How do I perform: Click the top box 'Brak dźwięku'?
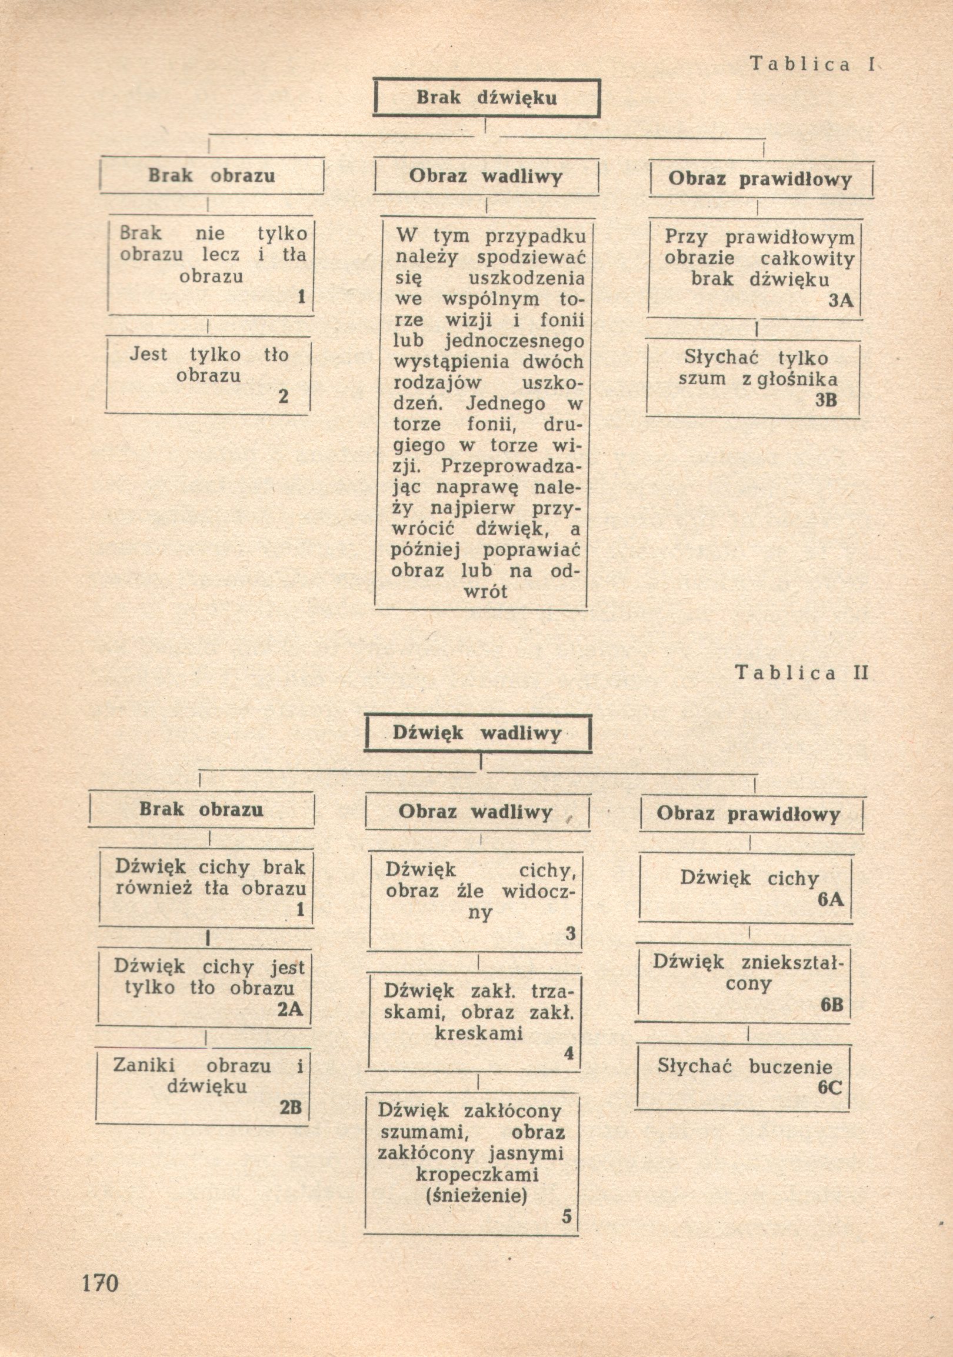coord(487,98)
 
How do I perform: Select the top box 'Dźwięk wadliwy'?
coord(477,733)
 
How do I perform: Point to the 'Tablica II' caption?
coord(801,672)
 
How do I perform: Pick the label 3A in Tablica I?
coord(841,300)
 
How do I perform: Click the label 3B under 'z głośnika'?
coord(826,400)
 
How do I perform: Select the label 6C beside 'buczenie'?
coord(830,1089)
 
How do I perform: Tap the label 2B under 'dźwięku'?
coord(291,1107)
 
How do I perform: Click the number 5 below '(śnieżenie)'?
coord(567,1216)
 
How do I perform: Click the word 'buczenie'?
coord(791,1067)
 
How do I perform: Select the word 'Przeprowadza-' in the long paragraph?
coord(512,467)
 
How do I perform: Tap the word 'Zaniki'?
coord(144,1065)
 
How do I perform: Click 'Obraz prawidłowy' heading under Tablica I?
coord(760,179)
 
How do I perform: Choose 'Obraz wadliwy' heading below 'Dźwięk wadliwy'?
coord(475,812)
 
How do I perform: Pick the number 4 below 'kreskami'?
coord(569,1053)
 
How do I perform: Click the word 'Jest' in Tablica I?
coord(148,355)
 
